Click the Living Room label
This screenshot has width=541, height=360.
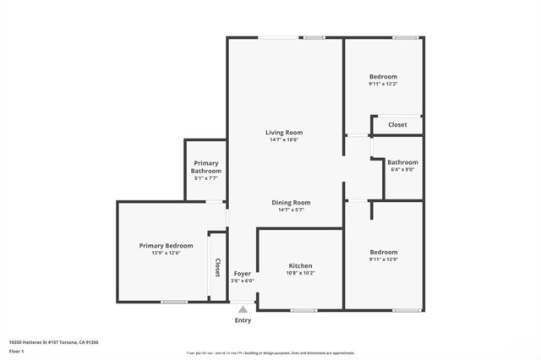point(284,133)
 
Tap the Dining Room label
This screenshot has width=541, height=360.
point(291,203)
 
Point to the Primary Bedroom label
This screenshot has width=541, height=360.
point(166,246)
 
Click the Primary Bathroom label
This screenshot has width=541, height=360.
point(206,166)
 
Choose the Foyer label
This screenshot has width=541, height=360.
point(243,275)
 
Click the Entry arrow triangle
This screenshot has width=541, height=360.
point(243,310)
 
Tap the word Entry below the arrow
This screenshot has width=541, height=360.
point(243,321)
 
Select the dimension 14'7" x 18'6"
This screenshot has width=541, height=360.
point(284,140)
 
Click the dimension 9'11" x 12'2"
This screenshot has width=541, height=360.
point(383,84)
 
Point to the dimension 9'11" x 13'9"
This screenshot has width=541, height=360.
point(383,259)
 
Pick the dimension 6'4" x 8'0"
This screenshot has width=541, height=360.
point(403,169)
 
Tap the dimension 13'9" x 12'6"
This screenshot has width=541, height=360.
point(166,254)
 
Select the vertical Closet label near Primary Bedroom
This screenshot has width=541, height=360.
point(217,268)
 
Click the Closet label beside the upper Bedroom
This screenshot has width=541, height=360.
point(397,125)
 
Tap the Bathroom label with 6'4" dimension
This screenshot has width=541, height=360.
point(403,161)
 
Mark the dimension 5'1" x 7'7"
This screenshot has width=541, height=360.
point(206,177)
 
